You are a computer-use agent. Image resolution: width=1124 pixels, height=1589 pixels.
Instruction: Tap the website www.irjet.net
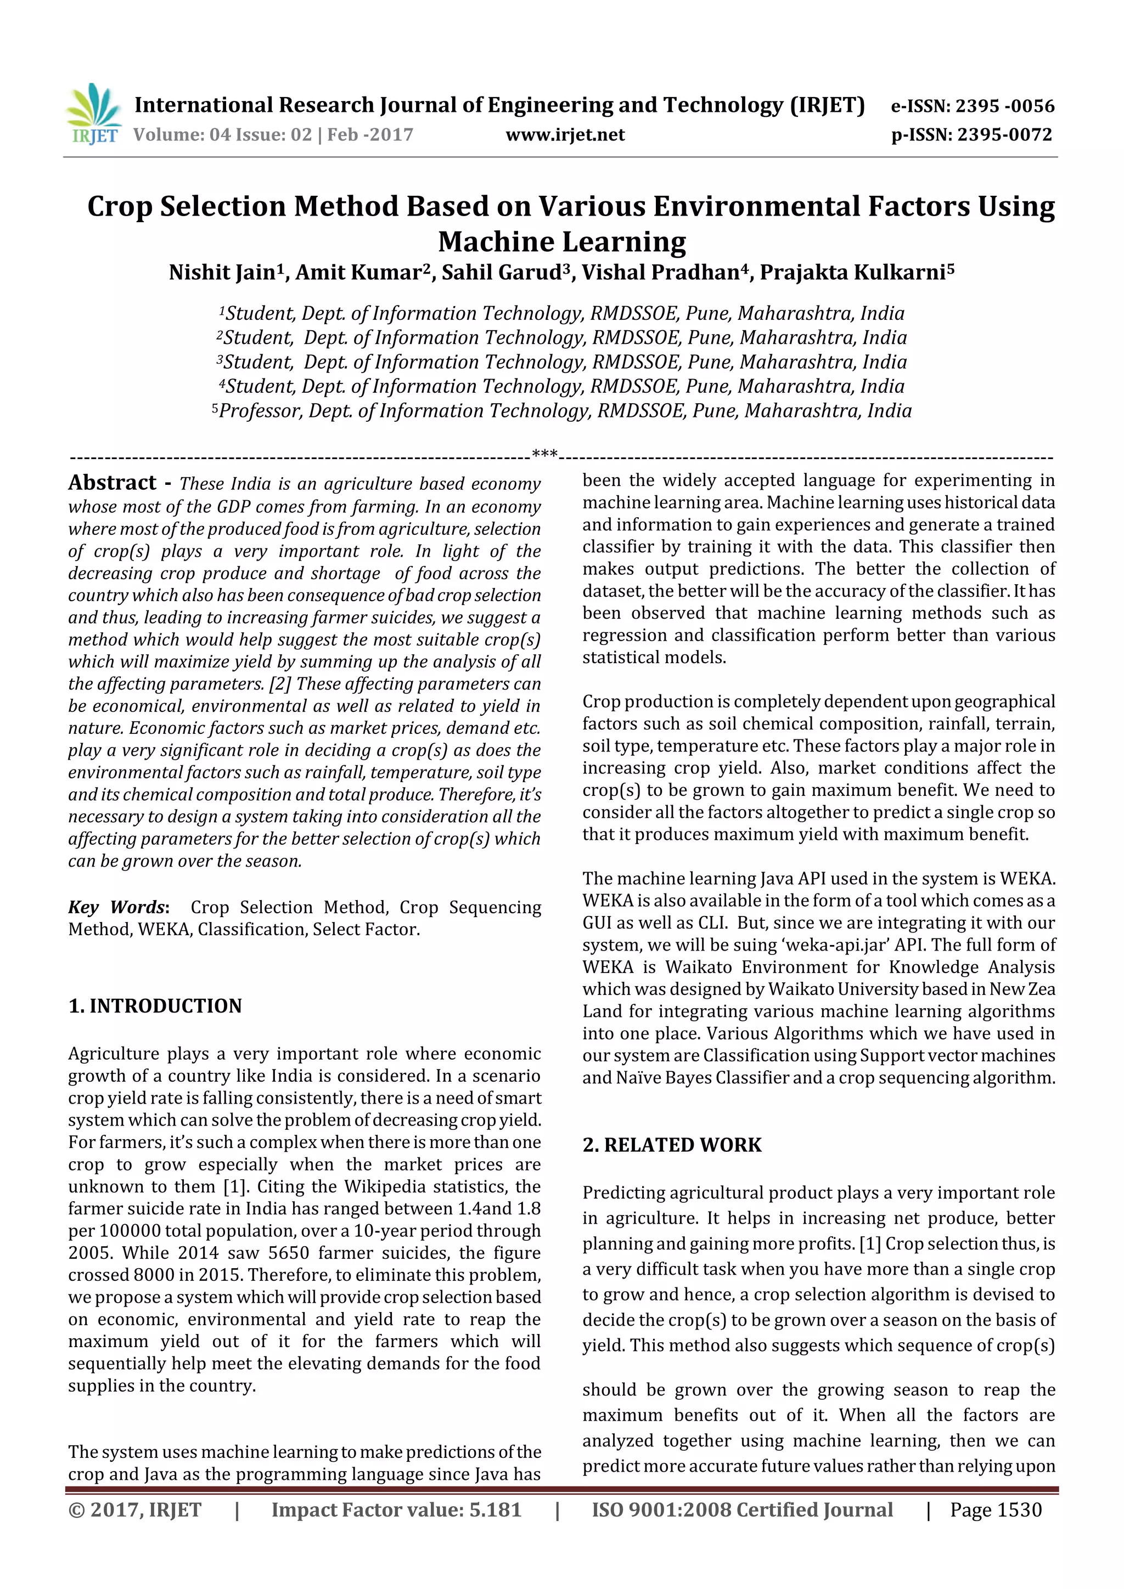565,135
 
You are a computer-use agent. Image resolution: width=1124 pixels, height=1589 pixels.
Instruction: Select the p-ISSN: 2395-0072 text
971,135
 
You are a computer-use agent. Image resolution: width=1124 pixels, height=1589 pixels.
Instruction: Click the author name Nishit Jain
222,273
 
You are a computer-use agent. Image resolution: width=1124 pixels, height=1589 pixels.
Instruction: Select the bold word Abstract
112,482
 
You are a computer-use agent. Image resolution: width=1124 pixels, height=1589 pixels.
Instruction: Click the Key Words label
117,907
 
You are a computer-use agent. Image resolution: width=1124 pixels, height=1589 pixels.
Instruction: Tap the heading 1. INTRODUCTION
155,1005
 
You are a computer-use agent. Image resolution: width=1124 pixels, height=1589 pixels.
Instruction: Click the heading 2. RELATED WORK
671,1145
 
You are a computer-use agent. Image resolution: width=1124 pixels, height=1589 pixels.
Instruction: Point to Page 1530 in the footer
995,1509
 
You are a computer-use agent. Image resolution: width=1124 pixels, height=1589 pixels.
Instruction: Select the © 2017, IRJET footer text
134,1509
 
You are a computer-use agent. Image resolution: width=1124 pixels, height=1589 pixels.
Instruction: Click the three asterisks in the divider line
544,454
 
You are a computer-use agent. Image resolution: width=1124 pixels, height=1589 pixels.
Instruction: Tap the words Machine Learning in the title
561,241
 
